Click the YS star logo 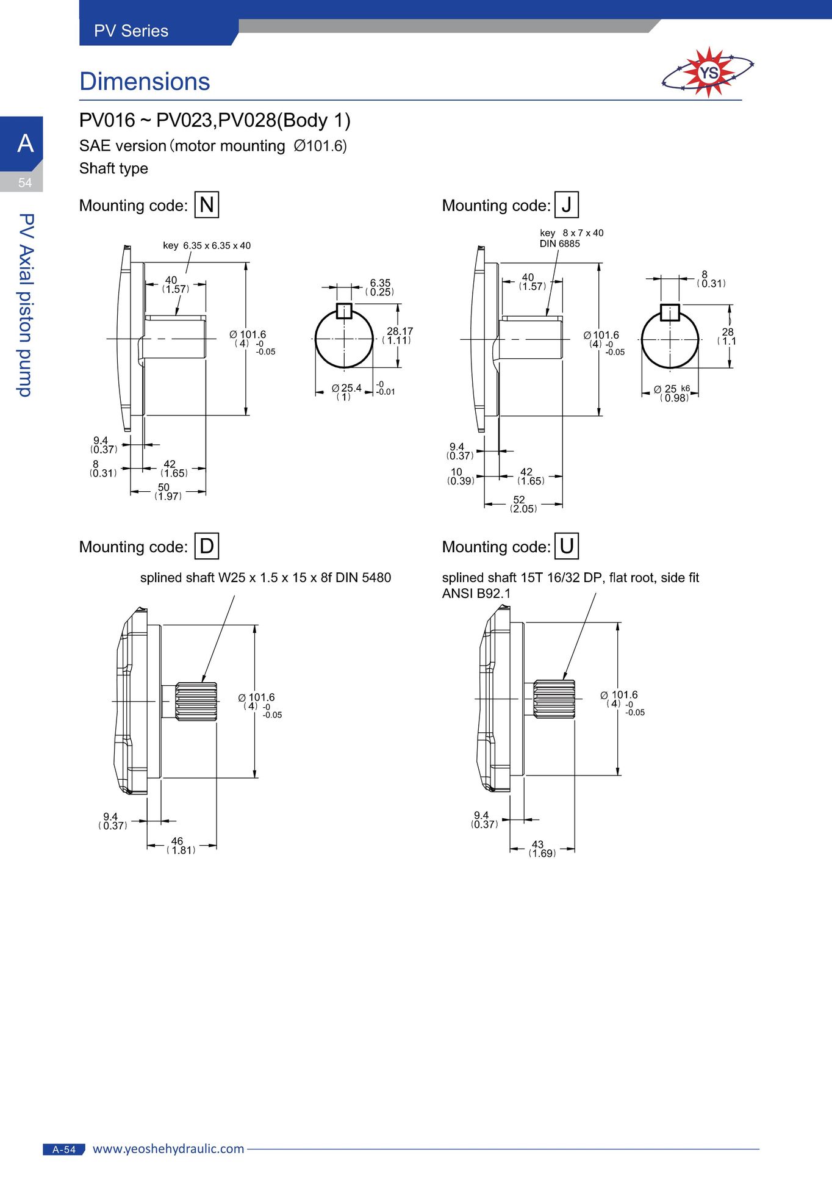point(708,73)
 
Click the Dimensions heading point(145,82)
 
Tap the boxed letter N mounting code point(207,204)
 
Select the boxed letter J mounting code point(567,204)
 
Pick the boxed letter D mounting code point(207,545)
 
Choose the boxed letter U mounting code point(567,545)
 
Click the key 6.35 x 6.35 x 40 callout point(207,246)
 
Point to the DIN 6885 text point(559,244)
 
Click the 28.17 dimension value point(400,331)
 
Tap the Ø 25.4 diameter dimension point(346,388)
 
